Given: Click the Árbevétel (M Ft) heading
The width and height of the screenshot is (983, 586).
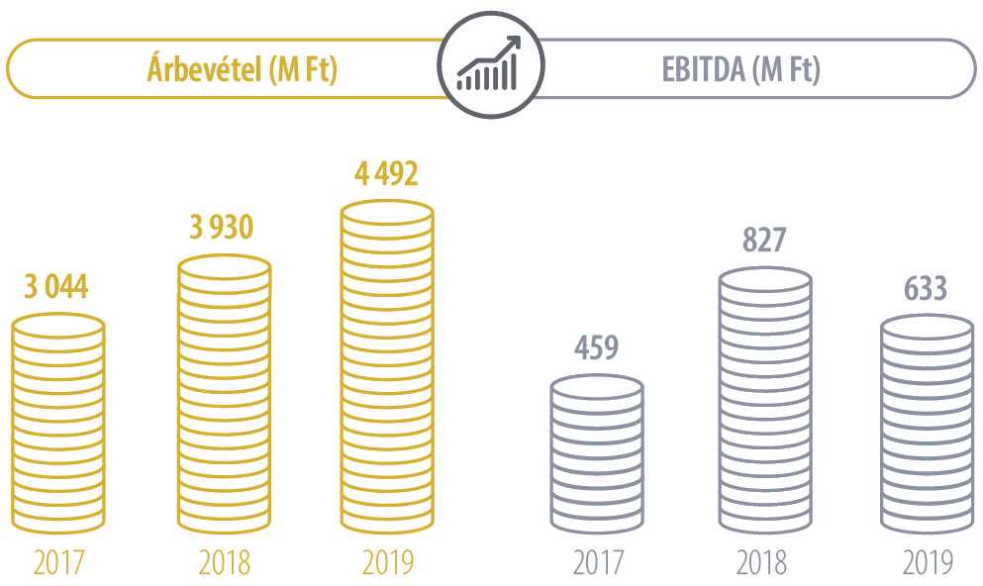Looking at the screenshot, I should tap(242, 69).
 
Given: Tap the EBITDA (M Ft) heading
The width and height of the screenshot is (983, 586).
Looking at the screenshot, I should tap(740, 69).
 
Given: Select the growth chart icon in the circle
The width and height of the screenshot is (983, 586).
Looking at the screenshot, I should tap(490, 68).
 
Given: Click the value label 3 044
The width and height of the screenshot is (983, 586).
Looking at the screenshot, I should tap(56, 288).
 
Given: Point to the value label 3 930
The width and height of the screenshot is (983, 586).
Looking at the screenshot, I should tap(222, 229).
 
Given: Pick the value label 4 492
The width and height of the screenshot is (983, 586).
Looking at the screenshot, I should tap(386, 174).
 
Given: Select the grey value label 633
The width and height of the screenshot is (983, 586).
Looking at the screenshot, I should tap(926, 289).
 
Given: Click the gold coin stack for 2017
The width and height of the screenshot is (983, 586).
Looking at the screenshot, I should tap(58, 426).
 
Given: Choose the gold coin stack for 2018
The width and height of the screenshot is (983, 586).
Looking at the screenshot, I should tap(224, 396).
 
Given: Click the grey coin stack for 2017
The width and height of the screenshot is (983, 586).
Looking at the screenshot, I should tap(596, 455).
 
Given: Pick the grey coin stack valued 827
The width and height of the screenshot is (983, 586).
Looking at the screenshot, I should tap(764, 402).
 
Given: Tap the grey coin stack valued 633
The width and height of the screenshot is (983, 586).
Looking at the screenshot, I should tap(928, 426).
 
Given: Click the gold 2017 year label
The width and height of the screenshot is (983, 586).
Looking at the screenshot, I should tap(58, 562).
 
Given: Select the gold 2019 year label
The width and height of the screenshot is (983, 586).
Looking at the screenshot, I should tap(387, 562).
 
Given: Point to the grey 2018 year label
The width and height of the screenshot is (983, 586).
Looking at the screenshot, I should tap(762, 562).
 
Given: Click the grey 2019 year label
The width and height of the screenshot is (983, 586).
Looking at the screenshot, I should tap(928, 562).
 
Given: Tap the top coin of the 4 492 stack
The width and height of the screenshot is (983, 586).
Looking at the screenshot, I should tap(387, 212).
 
